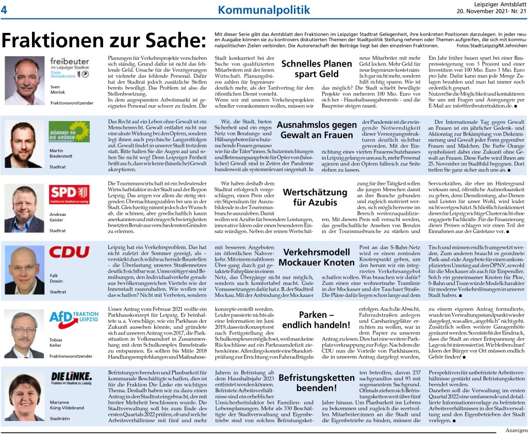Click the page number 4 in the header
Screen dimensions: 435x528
click(4, 9)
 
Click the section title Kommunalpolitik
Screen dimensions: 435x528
click(264, 10)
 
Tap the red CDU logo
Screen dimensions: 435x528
click(69, 253)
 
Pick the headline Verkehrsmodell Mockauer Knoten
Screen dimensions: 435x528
click(313, 257)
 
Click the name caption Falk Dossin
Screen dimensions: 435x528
click(57, 278)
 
